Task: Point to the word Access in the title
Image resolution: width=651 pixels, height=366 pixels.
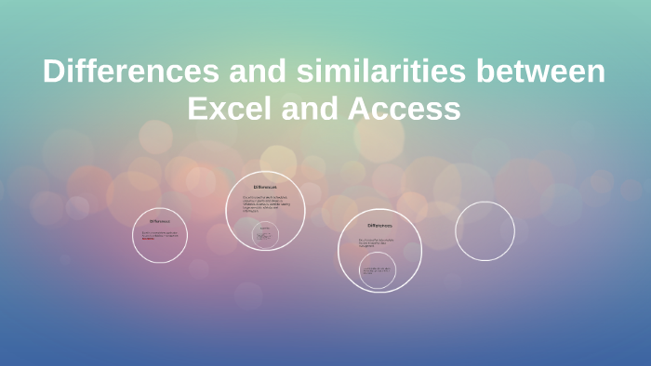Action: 405,109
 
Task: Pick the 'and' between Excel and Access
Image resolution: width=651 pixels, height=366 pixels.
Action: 312,109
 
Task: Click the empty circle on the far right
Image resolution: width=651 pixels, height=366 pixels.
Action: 485,231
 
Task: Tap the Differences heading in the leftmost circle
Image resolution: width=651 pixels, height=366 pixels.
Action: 160,221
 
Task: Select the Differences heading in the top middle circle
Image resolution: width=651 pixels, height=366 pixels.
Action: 265,188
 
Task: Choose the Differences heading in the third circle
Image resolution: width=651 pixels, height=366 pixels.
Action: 379,225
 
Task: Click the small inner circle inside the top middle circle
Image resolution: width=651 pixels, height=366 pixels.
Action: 265,234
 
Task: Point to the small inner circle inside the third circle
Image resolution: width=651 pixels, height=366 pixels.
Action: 377,270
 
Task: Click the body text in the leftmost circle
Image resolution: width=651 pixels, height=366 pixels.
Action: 159,235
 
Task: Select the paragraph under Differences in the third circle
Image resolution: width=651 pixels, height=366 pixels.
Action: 379,243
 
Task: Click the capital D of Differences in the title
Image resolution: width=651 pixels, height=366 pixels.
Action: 52,72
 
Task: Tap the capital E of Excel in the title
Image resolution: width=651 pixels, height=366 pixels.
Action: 196,109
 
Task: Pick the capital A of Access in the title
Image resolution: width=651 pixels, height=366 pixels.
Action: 359,109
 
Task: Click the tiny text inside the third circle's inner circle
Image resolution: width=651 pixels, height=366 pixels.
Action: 377,270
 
